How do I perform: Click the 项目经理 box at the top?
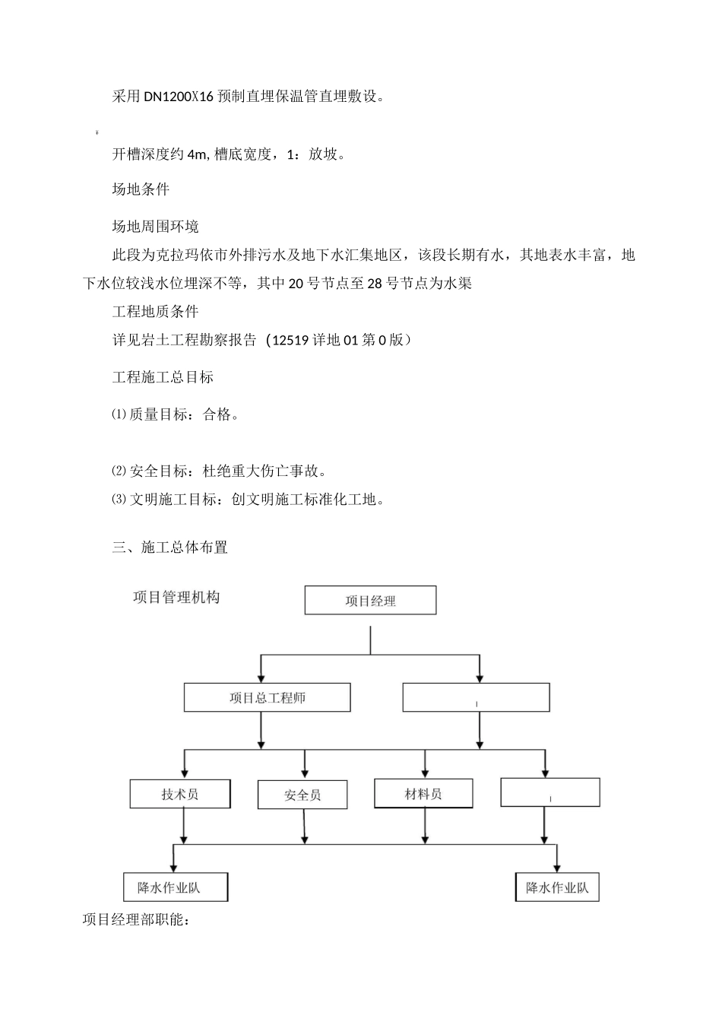pyautogui.click(x=370, y=600)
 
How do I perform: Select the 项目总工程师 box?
pyautogui.click(x=267, y=697)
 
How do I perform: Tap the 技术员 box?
pyautogui.click(x=180, y=794)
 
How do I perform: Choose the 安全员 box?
pyautogui.click(x=302, y=795)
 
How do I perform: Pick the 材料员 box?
pyautogui.click(x=423, y=793)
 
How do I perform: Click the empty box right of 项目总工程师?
pyautogui.click(x=476, y=697)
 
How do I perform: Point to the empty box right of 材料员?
pyautogui.click(x=550, y=792)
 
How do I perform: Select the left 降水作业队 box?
pyautogui.click(x=176, y=887)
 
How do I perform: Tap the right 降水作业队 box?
pyautogui.click(x=557, y=887)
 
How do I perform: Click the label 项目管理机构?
pyautogui.click(x=176, y=597)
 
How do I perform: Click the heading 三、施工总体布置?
pyautogui.click(x=169, y=547)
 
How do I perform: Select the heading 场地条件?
pyautogui.click(x=141, y=189)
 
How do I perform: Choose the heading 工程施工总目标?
pyautogui.click(x=163, y=377)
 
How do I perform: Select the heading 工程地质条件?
pyautogui.click(x=155, y=311)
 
